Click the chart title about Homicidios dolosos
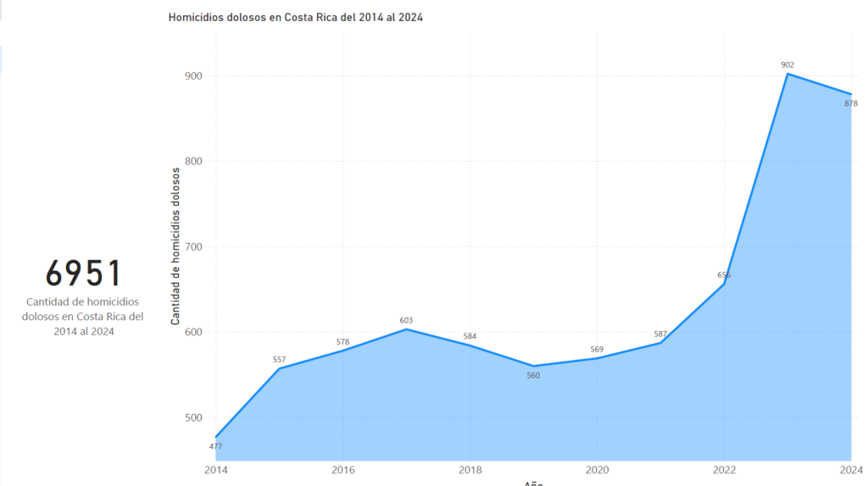[295, 17]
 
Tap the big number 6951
[83, 273]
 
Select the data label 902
[787, 64]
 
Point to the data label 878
[851, 103]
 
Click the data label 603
[406, 320]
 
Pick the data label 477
[215, 446]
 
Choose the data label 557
[279, 360]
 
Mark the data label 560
[533, 375]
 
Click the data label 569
[597, 349]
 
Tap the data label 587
[660, 334]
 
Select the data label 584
[470, 336]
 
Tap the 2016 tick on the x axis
[342, 470]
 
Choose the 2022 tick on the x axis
[724, 470]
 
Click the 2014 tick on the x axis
[216, 470]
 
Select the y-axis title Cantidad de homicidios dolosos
[175, 246]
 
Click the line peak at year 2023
[787, 74]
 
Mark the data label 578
[342, 341]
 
